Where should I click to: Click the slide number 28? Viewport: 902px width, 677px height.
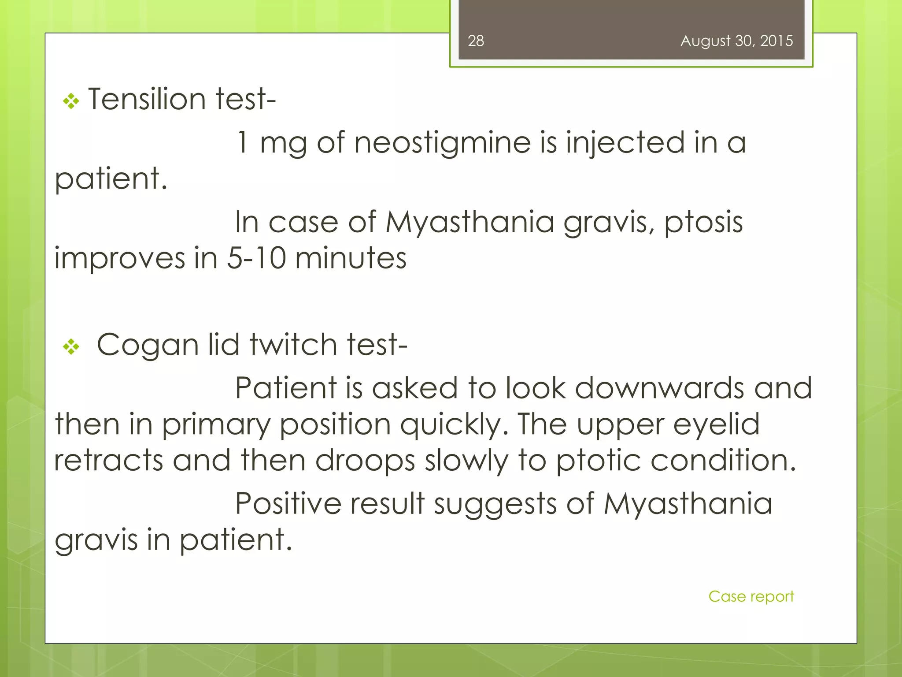476,41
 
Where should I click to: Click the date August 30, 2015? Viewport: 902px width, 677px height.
736,41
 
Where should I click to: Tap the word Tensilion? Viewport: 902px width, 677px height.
147,99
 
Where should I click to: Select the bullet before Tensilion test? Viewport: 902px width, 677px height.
71,102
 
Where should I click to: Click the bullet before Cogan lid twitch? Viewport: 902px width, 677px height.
71,347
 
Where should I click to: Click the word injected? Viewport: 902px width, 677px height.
625,144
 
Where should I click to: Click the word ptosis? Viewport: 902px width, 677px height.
703,223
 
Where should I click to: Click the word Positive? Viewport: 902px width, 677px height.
288,503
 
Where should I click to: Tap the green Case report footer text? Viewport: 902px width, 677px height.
751,597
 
